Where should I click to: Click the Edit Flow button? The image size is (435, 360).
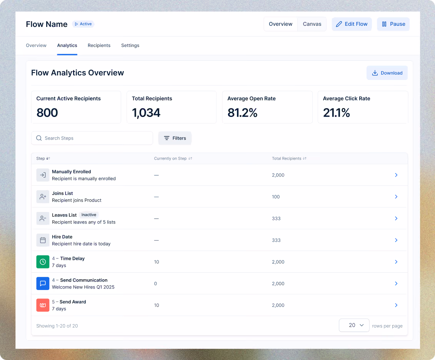[x=352, y=24]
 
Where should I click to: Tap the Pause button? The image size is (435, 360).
[x=393, y=24]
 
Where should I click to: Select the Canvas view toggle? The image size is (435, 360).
[x=312, y=24]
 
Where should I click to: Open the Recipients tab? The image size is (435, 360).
[x=99, y=45]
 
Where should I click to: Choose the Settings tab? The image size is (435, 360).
[x=130, y=45]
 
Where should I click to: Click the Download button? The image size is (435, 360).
[x=387, y=73]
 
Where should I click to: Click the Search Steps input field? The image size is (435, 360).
[x=92, y=138]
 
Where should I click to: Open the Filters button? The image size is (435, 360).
[x=175, y=138]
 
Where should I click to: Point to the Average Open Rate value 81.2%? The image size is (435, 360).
[x=242, y=113]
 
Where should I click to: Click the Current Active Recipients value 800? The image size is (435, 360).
[x=47, y=113]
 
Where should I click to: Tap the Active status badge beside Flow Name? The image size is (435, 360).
[x=83, y=24]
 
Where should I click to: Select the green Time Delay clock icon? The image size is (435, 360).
[x=43, y=262]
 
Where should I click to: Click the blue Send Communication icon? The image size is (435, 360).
[x=43, y=283]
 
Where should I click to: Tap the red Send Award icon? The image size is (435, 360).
[x=43, y=305]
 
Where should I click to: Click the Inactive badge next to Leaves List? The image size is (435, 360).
[x=89, y=215]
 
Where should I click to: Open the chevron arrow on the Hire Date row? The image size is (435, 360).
[x=396, y=240]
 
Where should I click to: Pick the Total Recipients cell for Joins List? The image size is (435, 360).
[x=276, y=197]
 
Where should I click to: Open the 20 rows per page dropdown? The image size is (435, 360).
[x=354, y=325]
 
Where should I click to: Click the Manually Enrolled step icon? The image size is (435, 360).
[x=43, y=175]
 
